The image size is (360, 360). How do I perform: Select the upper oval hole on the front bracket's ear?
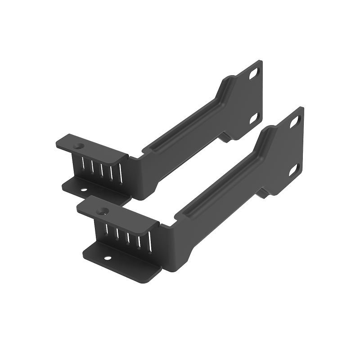point(295,121)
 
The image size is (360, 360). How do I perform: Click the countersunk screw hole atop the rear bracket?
point(80,146)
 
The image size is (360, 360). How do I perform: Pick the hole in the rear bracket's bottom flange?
point(84,189)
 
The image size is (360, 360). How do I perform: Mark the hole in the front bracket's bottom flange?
point(108,258)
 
